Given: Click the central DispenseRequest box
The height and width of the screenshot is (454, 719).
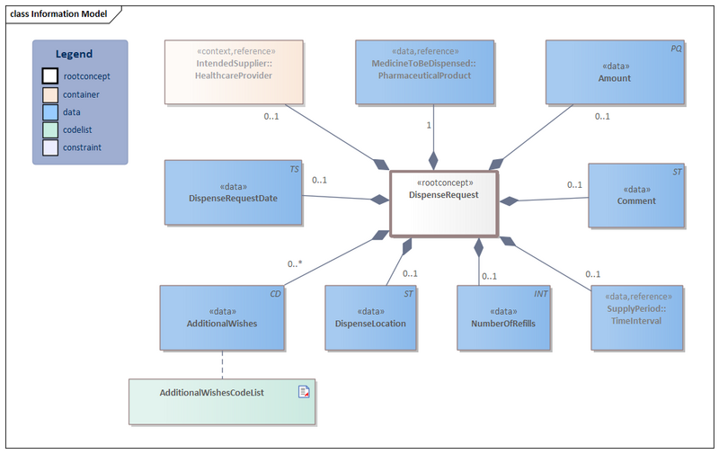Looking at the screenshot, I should (442, 201).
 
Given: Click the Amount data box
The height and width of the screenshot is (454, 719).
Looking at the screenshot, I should (615, 72).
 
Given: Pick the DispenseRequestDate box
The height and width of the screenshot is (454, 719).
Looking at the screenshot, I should (232, 192).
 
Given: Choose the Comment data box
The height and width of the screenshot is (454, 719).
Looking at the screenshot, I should (636, 194).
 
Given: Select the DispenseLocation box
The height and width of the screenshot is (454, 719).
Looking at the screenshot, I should (370, 317).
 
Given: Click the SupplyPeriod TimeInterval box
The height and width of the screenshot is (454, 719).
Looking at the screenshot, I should (636, 317).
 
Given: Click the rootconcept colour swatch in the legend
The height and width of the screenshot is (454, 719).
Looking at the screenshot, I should (50, 76).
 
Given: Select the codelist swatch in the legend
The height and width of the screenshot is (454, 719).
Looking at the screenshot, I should (50, 130).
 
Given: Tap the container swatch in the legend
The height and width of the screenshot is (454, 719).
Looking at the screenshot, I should (50, 94).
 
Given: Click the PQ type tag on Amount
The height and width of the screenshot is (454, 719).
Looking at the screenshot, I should (676, 49).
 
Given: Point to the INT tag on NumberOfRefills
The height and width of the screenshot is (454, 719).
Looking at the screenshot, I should (541, 294).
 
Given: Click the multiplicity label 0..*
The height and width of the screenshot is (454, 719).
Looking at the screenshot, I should (295, 264).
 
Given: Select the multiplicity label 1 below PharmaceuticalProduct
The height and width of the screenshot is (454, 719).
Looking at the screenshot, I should (430, 125).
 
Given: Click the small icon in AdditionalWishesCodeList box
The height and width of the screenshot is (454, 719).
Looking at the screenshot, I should (304, 392).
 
